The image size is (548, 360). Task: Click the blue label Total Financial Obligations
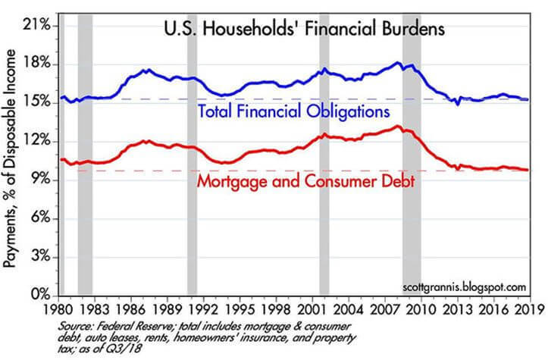(293, 111)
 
